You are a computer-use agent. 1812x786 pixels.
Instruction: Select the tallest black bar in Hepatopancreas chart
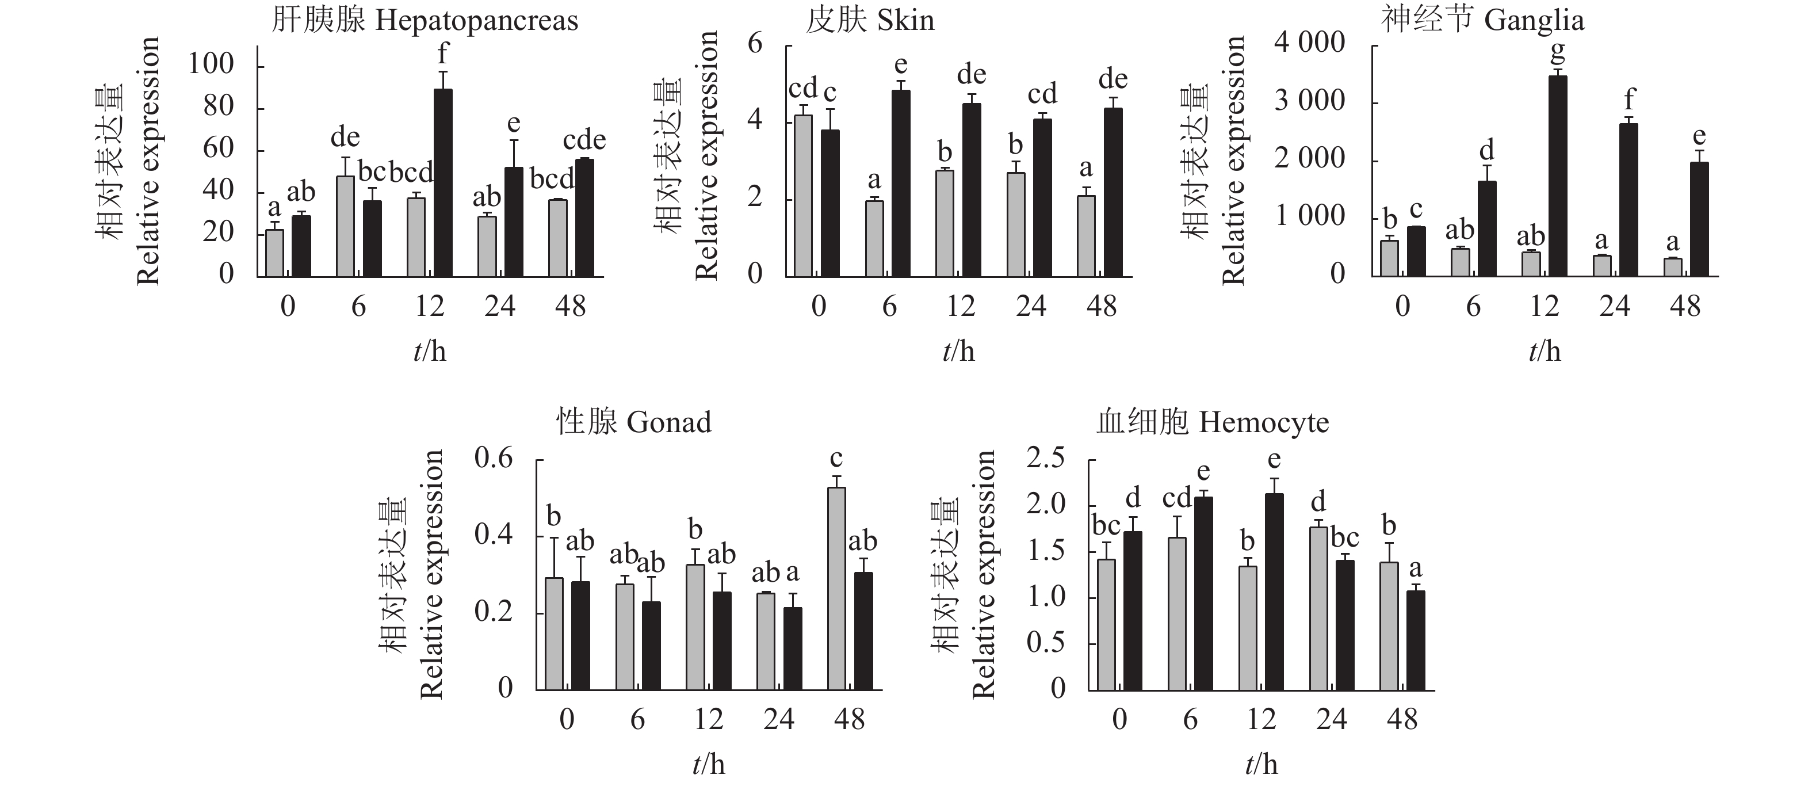(443, 183)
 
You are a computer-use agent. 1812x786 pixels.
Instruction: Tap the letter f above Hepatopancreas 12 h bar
(442, 54)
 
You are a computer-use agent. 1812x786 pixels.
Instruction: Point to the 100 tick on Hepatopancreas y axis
(211, 64)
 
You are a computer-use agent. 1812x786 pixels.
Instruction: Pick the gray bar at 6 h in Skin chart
(874, 239)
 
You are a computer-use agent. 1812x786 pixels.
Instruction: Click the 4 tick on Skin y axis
(755, 120)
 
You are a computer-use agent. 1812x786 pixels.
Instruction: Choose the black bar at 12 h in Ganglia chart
(1558, 176)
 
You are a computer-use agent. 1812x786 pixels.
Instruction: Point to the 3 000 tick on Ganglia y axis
(1310, 101)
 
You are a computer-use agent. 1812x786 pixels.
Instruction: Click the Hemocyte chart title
(1213, 422)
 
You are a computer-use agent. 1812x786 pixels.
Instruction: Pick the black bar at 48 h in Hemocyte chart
(1415, 640)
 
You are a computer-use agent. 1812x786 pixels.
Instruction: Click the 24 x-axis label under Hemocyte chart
(1332, 719)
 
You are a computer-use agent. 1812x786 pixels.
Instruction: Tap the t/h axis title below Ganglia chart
(1545, 351)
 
